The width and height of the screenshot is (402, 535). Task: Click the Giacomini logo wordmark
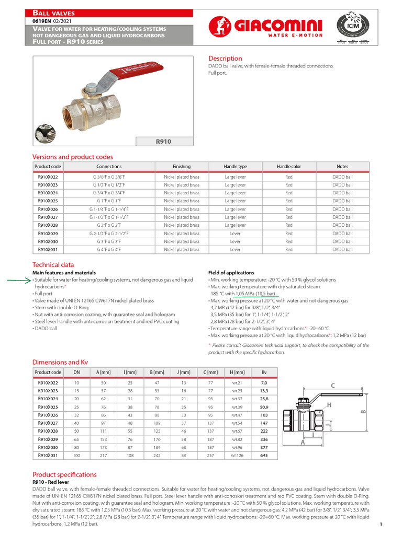[x=277, y=24]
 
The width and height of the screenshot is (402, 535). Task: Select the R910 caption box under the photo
[x=164, y=141]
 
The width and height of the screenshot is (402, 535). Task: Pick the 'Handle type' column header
[x=235, y=167]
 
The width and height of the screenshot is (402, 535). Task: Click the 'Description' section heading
[x=225, y=59]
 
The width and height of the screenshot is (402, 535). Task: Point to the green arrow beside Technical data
[x=19, y=280]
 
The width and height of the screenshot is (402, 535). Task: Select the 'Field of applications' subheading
[x=231, y=273]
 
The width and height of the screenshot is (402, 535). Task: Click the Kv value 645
[x=264, y=456]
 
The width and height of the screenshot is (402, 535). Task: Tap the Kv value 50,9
[x=264, y=407]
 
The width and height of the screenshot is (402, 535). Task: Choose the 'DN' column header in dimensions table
[x=76, y=373]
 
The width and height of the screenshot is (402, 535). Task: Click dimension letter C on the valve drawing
[x=332, y=386]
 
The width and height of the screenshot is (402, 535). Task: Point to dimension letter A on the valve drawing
[x=303, y=443]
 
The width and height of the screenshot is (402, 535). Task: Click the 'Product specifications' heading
[x=64, y=474]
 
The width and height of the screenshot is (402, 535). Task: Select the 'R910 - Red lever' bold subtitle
[x=51, y=482]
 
